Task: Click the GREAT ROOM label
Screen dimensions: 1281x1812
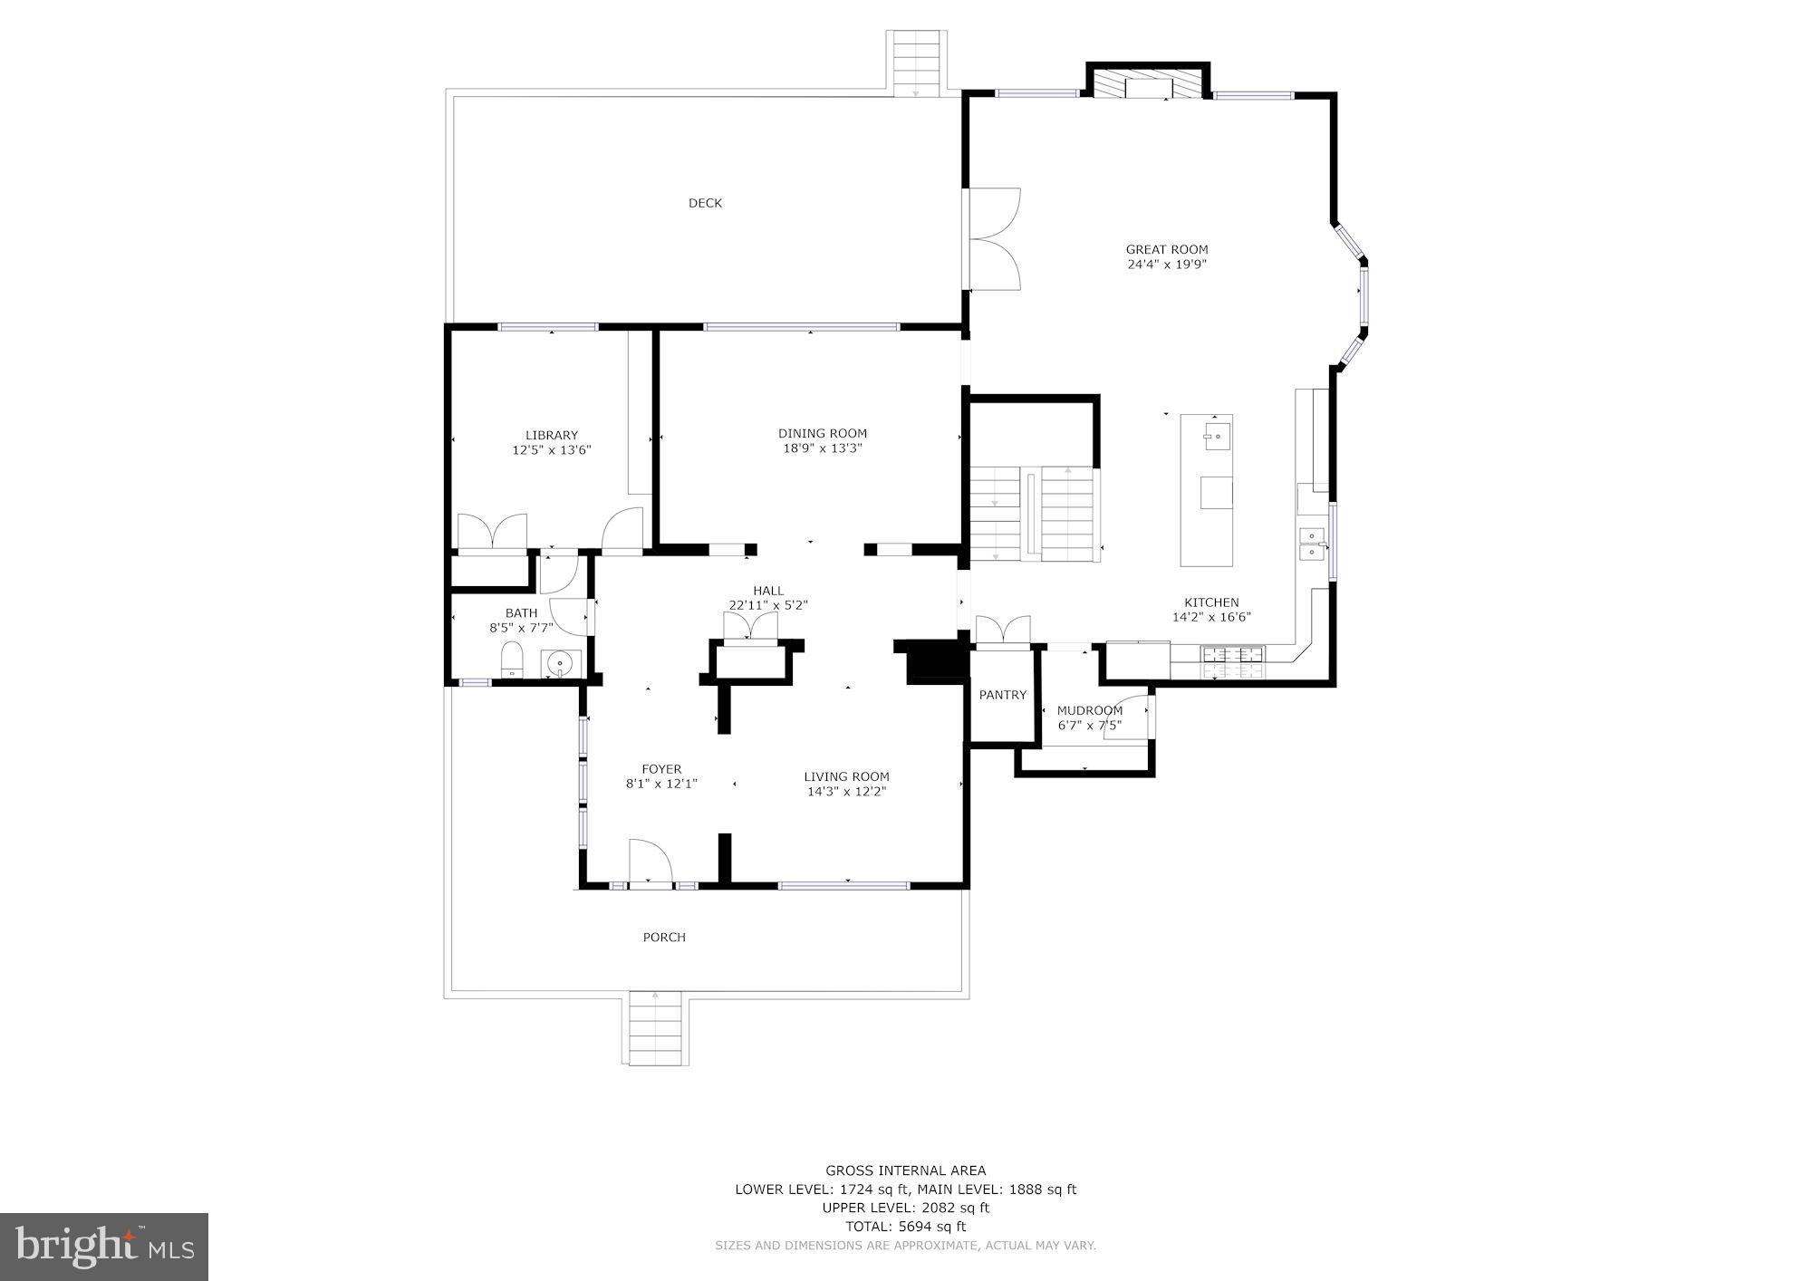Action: pos(1166,249)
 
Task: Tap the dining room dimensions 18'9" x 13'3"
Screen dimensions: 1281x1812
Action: pos(822,448)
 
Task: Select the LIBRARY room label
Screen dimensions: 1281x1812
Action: pos(551,435)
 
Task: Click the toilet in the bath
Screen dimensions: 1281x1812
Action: pos(512,660)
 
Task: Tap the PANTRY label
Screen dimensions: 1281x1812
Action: pos(1002,695)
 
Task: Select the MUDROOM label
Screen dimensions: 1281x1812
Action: pos(1089,710)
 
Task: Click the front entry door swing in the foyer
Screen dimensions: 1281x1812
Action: pos(649,860)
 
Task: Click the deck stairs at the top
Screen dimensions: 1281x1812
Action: pos(916,62)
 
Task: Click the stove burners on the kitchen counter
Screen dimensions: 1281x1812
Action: pos(1231,662)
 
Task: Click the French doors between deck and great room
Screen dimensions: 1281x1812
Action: pos(994,239)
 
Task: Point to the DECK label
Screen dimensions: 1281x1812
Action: pos(705,203)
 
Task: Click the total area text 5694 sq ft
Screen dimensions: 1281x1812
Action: pos(905,1227)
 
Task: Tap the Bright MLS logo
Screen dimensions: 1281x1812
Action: pos(104,1247)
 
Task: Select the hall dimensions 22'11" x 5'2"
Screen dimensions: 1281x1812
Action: pos(767,605)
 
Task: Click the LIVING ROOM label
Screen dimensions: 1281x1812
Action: pos(846,776)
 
